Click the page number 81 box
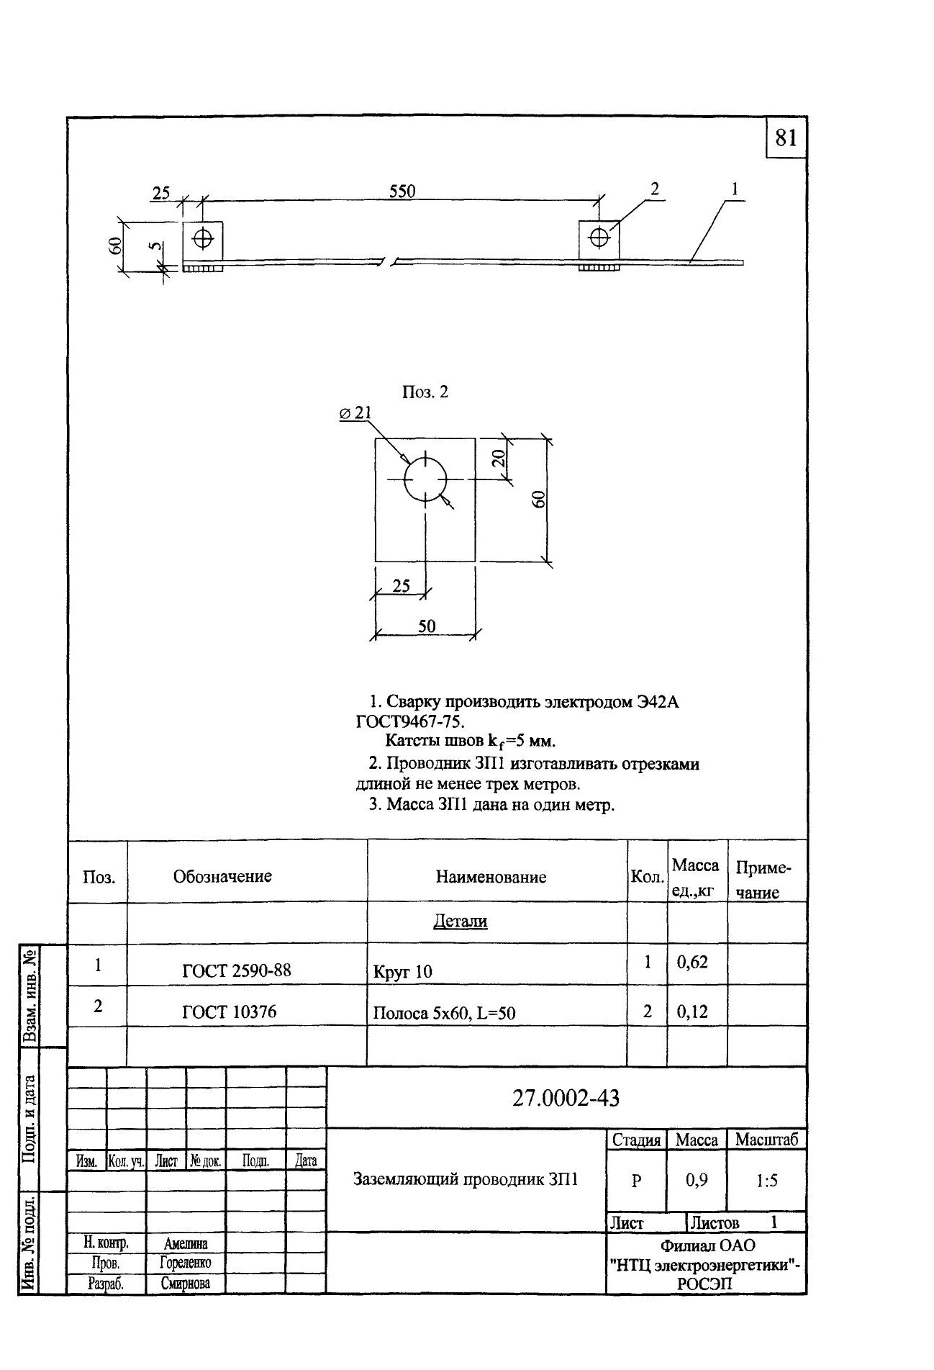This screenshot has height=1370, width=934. pyautogui.click(x=786, y=137)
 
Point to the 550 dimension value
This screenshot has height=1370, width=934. pyautogui.click(x=402, y=191)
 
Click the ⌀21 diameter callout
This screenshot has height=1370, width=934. pyautogui.click(x=355, y=413)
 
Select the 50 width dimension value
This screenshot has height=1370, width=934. pyautogui.click(x=427, y=626)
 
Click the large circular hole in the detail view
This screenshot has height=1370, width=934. pyautogui.click(x=425, y=479)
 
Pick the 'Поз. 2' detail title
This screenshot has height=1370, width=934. pyautogui.click(x=425, y=392)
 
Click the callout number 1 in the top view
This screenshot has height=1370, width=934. pyautogui.click(x=735, y=189)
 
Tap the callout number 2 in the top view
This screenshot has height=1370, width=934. pyautogui.click(x=654, y=189)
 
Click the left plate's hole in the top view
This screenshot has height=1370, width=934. pyautogui.click(x=203, y=238)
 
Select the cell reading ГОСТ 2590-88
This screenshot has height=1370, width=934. pyautogui.click(x=237, y=970)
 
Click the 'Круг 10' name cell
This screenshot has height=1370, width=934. pyautogui.click(x=403, y=972)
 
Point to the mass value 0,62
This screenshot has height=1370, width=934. pyautogui.click(x=692, y=962)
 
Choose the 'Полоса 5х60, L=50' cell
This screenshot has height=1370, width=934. pyautogui.click(x=444, y=1014)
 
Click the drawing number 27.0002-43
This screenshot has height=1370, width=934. pyautogui.click(x=566, y=1098)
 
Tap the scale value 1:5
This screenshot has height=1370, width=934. pyautogui.click(x=766, y=1180)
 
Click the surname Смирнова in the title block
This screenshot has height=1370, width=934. pyautogui.click(x=185, y=1283)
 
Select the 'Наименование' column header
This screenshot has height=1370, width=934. pyautogui.click(x=491, y=877)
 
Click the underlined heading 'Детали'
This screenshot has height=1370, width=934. pyautogui.click(x=460, y=921)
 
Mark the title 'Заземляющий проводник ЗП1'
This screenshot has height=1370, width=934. pyautogui.click(x=466, y=1179)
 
